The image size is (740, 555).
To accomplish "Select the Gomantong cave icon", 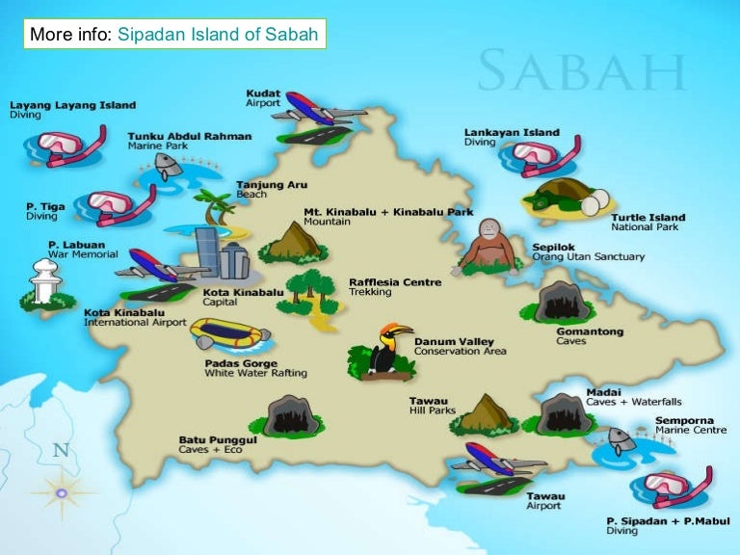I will point(560,302).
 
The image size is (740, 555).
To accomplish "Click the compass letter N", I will point(61,449).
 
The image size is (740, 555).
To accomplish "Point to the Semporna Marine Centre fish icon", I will point(621,440).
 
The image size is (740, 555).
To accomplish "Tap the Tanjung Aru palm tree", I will point(214,206).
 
